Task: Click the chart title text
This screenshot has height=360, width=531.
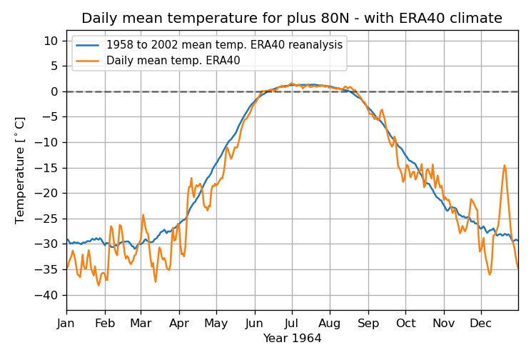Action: point(291,19)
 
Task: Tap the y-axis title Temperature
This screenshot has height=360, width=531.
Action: point(20,170)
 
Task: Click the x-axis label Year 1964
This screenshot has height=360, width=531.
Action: point(292,338)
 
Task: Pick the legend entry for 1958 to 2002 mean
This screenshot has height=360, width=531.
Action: point(224,44)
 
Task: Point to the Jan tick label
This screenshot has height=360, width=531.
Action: point(66,322)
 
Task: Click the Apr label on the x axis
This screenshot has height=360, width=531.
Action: point(179,322)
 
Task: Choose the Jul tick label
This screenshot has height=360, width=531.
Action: point(291,322)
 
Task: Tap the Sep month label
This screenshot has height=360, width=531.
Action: point(368,322)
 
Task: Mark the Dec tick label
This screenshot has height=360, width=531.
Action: point(481,322)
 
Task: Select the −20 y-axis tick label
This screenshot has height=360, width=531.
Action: point(49,193)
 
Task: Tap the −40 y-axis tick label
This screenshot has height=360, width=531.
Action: point(49,295)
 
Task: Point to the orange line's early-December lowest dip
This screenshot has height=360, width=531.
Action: point(490,274)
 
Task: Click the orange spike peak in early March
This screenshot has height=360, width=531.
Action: point(143,214)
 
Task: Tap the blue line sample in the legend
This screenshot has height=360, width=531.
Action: point(88,44)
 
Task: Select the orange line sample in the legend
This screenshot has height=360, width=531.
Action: point(88,60)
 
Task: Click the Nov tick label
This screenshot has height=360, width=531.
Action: point(444,322)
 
